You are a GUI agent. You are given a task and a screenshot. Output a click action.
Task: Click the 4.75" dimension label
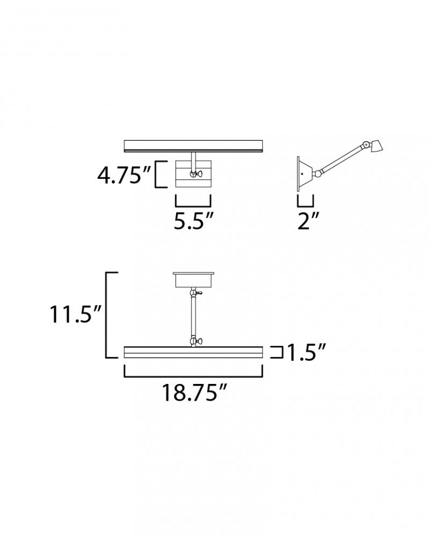click(x=124, y=175)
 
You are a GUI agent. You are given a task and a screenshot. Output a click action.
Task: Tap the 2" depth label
click(x=309, y=221)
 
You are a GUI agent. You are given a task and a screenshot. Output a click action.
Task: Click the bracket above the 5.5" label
click(x=193, y=204)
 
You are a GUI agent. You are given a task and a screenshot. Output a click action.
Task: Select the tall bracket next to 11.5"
click(x=106, y=315)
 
